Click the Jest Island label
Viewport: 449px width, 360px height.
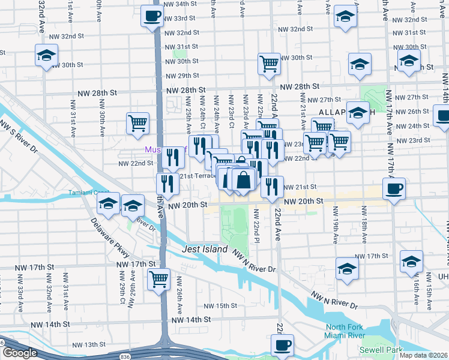point(205,249)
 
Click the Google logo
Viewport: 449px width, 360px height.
point(20,353)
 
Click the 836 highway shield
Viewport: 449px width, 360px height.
point(123,356)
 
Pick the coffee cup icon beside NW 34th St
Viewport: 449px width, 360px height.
point(152,16)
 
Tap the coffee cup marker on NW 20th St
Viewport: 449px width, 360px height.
point(394,189)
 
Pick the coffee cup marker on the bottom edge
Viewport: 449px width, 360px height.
point(282,345)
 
